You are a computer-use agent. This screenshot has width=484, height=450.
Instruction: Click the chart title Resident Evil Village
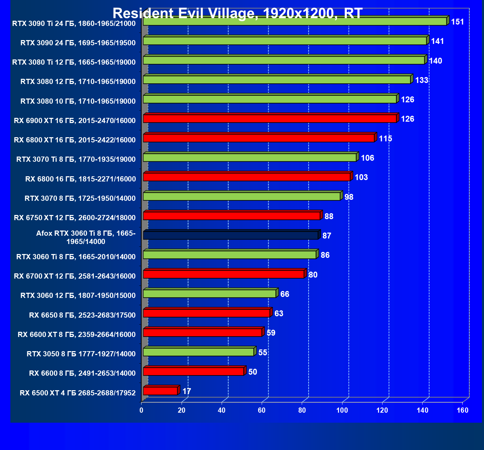point(238,13)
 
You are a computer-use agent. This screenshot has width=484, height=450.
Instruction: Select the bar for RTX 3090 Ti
point(295,21)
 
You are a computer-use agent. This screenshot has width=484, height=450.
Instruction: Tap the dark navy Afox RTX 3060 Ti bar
point(231,235)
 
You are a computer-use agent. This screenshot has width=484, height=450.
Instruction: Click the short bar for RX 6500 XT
point(160,391)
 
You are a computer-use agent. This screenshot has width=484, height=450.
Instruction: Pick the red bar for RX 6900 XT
point(270,119)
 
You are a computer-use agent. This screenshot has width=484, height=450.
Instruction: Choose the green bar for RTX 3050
point(199,352)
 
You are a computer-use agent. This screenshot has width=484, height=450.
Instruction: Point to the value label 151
point(457,22)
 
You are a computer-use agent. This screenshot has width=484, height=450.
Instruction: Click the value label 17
point(187,391)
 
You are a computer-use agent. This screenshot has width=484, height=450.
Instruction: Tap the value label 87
point(327,236)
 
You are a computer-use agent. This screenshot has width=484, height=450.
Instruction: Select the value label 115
point(385,139)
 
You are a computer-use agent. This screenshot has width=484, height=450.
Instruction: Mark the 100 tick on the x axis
point(342,410)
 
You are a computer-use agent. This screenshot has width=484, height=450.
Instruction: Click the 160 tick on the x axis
point(463,410)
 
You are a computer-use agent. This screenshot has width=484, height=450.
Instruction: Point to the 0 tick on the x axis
point(142,410)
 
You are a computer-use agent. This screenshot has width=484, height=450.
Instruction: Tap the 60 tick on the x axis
point(262,410)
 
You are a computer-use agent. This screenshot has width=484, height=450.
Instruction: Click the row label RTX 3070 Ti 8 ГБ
point(76,159)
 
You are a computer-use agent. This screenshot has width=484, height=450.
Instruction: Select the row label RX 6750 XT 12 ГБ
point(75,218)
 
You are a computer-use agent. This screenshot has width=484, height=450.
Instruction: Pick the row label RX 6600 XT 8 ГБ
point(77,335)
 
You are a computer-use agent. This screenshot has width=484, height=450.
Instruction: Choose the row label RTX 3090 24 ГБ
point(78,43)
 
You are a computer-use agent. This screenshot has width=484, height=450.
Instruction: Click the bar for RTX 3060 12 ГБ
point(210,294)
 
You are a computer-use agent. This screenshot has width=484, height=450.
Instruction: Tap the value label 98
point(349,197)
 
